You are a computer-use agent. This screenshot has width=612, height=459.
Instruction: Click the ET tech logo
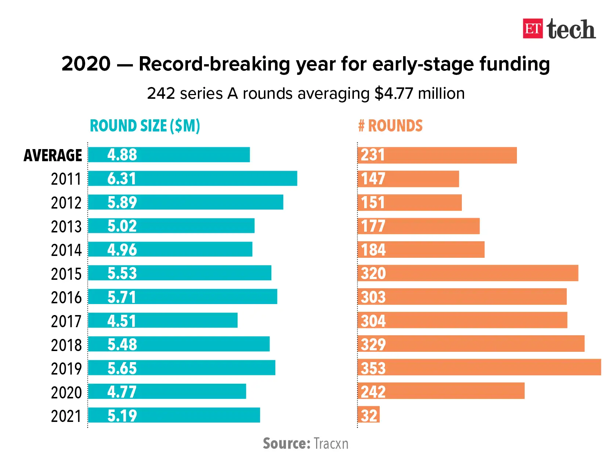pos(559,29)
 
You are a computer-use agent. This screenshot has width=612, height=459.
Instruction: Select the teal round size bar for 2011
pos(192,178)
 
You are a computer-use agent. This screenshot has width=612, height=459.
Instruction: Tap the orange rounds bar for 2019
pos(479,367)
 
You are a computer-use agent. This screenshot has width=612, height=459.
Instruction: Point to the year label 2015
pos(66,274)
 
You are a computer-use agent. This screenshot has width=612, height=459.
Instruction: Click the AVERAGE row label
pos(53,155)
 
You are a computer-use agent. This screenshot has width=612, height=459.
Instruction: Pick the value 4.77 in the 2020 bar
pos(122,392)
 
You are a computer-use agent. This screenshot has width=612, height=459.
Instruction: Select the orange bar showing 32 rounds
pos(369,415)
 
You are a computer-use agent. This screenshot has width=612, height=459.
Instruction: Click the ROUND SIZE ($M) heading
pos(145,126)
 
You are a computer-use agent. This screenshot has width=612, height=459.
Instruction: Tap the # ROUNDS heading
pos(390,126)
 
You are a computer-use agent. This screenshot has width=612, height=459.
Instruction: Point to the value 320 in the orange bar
pos(373,274)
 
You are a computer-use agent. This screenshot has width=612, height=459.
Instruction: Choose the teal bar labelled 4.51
pos(163,320)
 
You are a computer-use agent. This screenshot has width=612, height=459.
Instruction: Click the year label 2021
pos(66,416)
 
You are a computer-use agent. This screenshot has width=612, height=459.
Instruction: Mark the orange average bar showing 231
pos(437,155)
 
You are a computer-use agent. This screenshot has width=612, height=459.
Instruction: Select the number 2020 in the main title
pos(86,64)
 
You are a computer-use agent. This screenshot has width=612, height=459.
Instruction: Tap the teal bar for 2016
pos(182,297)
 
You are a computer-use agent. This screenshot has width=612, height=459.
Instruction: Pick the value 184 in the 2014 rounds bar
pos(373,250)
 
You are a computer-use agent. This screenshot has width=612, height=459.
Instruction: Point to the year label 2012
pos(66,203)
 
